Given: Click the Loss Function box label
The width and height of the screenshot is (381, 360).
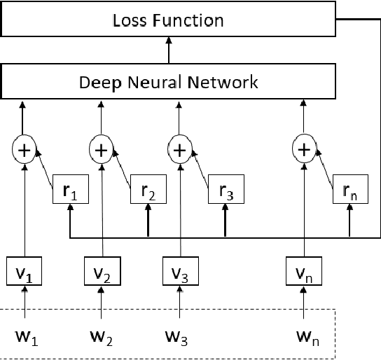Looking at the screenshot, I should click(x=168, y=20).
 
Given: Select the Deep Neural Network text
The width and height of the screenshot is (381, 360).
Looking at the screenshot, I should click(x=168, y=82).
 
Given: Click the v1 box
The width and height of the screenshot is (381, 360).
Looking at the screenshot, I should click(x=25, y=270).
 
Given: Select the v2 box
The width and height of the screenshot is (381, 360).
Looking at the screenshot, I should click(x=102, y=270).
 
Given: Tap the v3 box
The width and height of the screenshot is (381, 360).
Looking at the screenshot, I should click(x=181, y=270).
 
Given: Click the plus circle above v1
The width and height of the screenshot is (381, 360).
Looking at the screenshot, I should click(x=25, y=149).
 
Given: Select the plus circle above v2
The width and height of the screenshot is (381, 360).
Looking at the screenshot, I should click(x=102, y=149).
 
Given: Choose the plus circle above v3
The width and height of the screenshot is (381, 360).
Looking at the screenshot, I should click(x=181, y=149).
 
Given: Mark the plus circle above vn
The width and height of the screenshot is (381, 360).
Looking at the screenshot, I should click(x=304, y=149).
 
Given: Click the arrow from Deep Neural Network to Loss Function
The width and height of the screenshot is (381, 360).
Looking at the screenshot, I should click(x=168, y=50).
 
